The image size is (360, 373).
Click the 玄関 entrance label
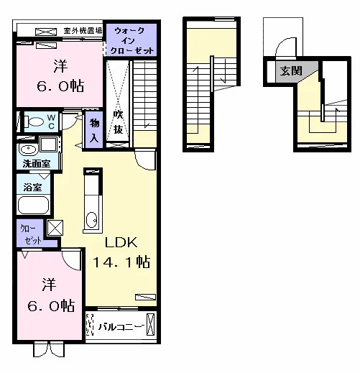click(x=290, y=71)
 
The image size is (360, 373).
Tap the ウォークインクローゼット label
click(x=131, y=40)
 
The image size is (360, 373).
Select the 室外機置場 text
click(x=83, y=31)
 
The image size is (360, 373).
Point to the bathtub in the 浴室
click(x=33, y=205)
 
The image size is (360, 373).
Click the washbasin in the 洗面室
click(x=29, y=149)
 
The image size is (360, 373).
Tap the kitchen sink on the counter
click(x=91, y=220)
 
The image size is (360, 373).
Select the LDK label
click(x=121, y=243)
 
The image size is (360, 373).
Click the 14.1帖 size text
click(x=121, y=262)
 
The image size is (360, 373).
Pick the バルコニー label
click(x=121, y=326)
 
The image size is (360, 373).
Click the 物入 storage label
click(x=94, y=131)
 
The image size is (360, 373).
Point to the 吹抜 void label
click(x=118, y=122)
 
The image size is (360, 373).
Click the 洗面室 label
click(x=37, y=164)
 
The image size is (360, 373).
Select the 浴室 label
click(x=32, y=187)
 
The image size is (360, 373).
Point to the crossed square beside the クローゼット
click(x=55, y=228)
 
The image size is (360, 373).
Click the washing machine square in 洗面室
click(x=49, y=144)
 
